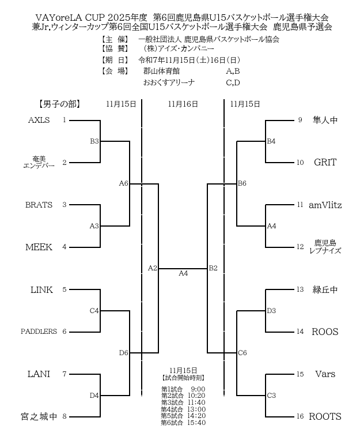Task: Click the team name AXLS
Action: pyautogui.click(x=39, y=120)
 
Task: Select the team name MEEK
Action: pyautogui.click(x=39, y=247)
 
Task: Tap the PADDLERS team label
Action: pyautogui.click(x=39, y=332)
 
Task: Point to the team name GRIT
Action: pyautogui.click(x=325, y=162)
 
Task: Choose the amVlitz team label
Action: pyautogui.click(x=325, y=205)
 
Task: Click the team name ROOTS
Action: pyautogui.click(x=325, y=416)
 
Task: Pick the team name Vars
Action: pyautogui.click(x=325, y=374)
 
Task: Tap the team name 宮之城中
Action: pyautogui.click(x=39, y=416)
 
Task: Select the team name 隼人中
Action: pyautogui.click(x=325, y=120)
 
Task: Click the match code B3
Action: pyautogui.click(x=94, y=141)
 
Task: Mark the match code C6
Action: pyautogui.click(x=242, y=353)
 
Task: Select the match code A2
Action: pyautogui.click(x=153, y=268)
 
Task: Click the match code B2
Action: pyautogui.click(x=213, y=268)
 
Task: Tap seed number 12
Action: pyautogui.click(x=300, y=247)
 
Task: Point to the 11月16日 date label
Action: pyautogui.click(x=183, y=104)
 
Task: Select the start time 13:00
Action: pyautogui.click(x=196, y=409)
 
